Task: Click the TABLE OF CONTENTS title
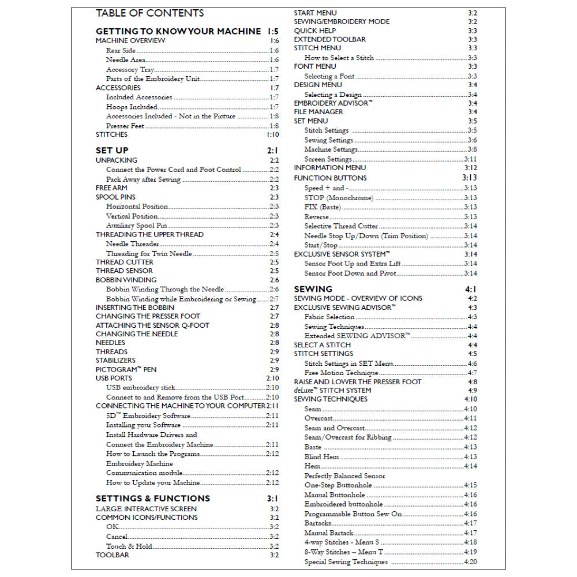(149, 13)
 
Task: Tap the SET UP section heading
(112, 151)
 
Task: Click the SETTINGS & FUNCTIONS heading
(153, 499)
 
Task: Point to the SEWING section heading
(313, 288)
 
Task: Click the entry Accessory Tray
(122, 69)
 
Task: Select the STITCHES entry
(111, 134)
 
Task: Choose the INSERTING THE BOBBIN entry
(135, 308)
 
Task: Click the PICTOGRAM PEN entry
(126, 369)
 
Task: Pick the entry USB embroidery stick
(141, 388)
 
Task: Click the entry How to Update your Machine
(153, 482)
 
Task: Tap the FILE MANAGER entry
(319, 112)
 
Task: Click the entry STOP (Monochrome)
(339, 198)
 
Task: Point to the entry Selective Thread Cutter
(341, 226)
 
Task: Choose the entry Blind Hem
(321, 456)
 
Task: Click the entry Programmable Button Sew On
(353, 514)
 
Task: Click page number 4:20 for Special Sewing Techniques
(470, 562)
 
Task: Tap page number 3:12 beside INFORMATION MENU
(470, 167)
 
